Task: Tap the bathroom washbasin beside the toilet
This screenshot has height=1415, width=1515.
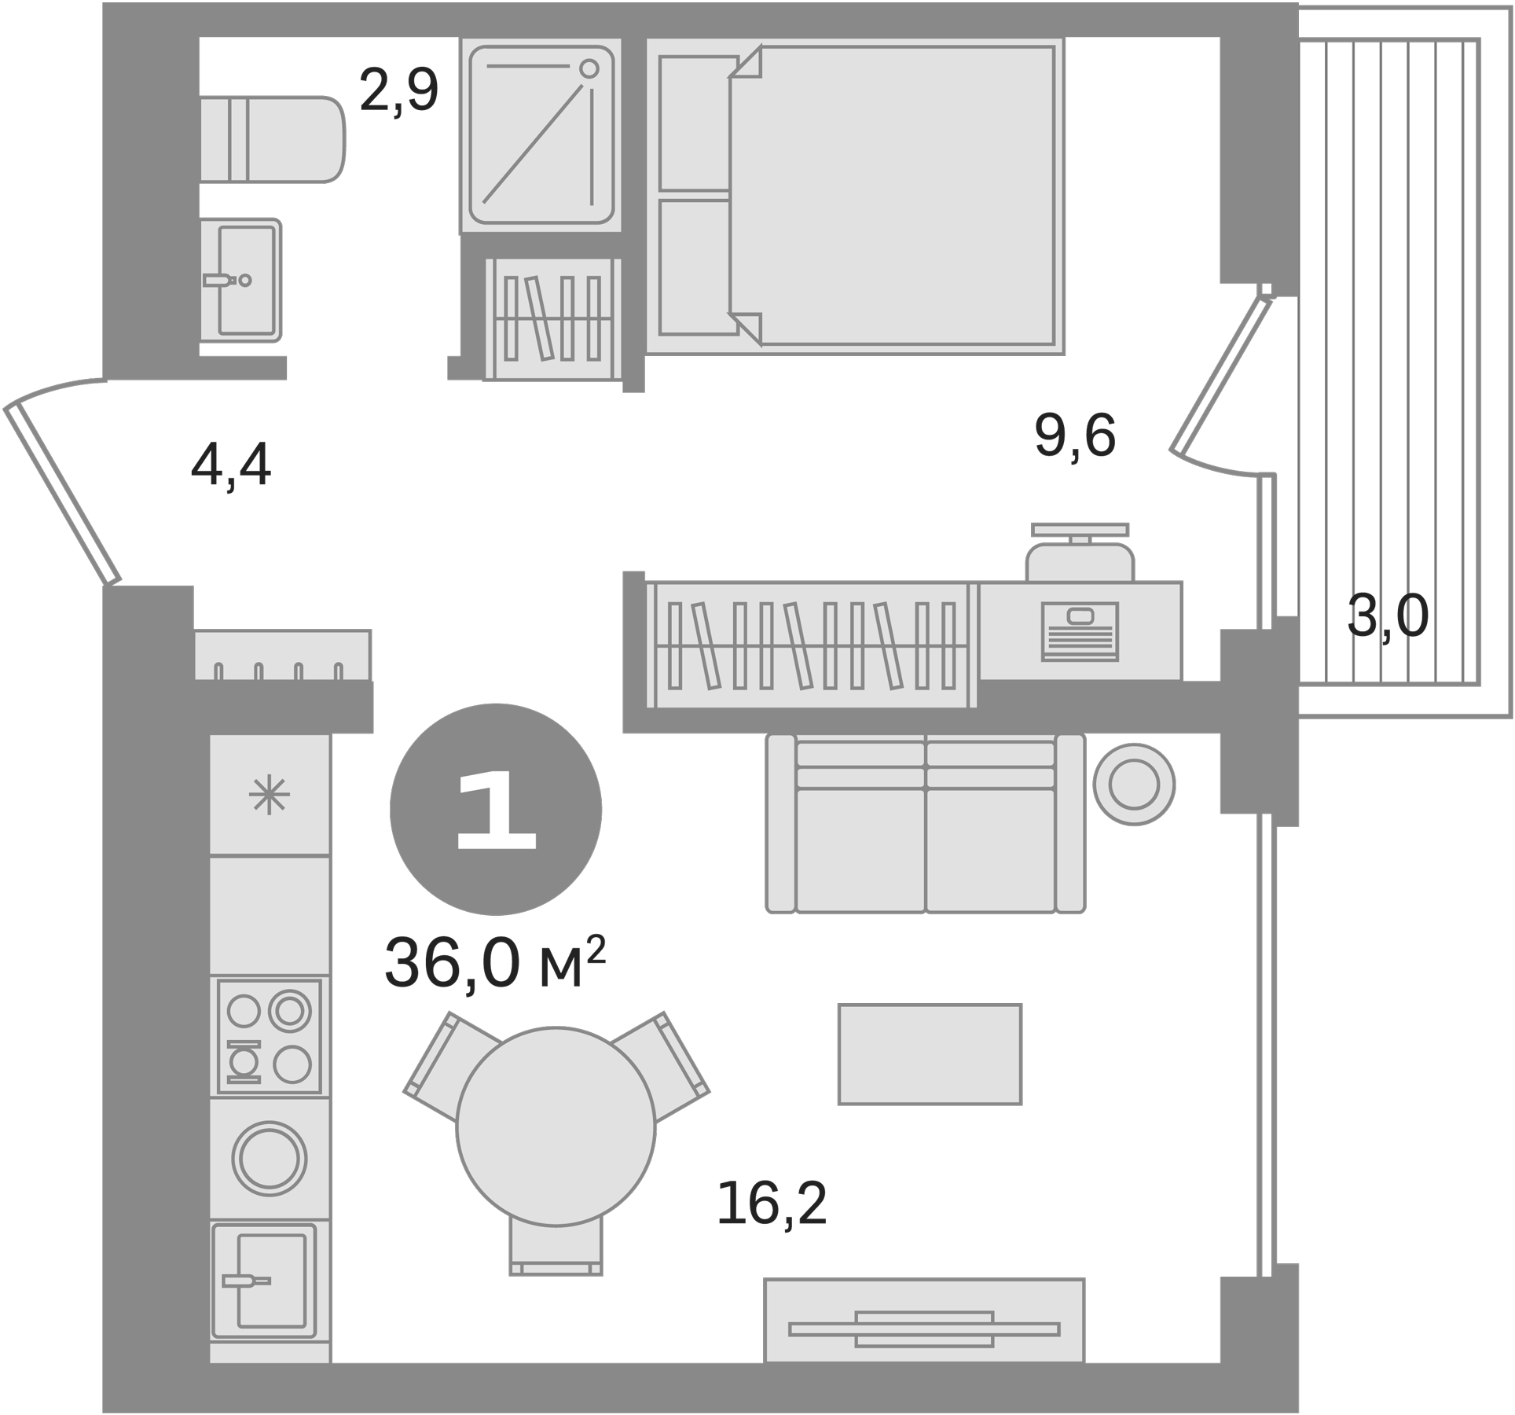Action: click(241, 280)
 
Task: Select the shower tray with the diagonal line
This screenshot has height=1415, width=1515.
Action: click(540, 135)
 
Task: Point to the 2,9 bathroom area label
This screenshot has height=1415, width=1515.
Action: click(398, 91)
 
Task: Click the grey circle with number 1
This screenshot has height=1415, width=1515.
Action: click(496, 809)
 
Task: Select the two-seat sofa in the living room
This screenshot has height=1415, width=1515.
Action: click(925, 824)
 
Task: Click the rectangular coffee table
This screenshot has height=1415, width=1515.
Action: click(930, 1054)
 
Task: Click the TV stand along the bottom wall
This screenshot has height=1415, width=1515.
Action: click(924, 1329)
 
